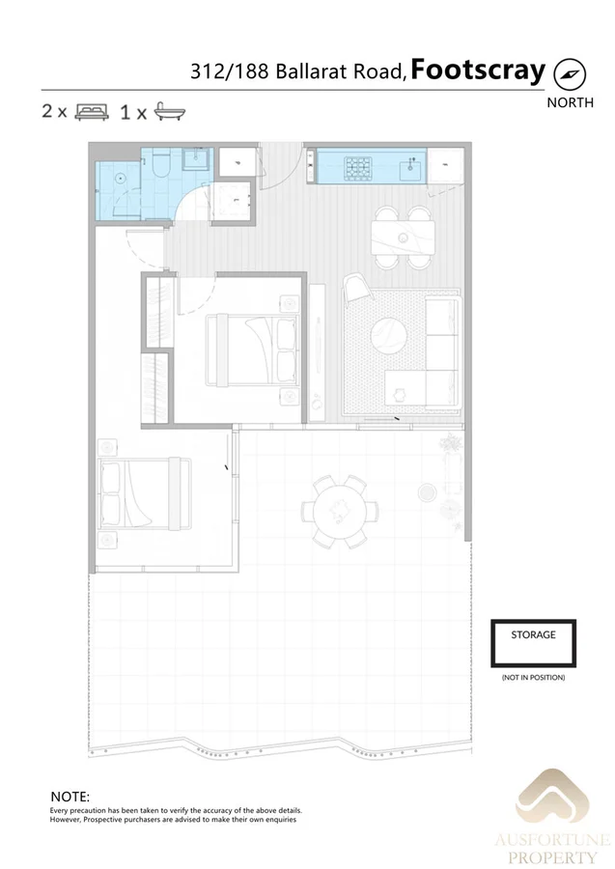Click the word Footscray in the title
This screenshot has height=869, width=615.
pyautogui.click(x=478, y=70)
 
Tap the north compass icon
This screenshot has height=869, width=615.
pyautogui.click(x=570, y=73)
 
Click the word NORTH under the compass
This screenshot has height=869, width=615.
pyautogui.click(x=570, y=102)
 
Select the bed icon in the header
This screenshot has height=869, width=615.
pyautogui.click(x=93, y=111)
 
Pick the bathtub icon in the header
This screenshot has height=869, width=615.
pyautogui.click(x=170, y=111)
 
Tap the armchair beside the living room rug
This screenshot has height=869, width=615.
pyautogui.click(x=354, y=286)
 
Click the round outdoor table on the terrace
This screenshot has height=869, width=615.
pyautogui.click(x=339, y=508)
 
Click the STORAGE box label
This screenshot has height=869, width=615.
pyautogui.click(x=533, y=635)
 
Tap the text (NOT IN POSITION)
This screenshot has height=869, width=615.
pyautogui.click(x=533, y=678)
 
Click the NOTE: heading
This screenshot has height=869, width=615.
pyautogui.click(x=70, y=796)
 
